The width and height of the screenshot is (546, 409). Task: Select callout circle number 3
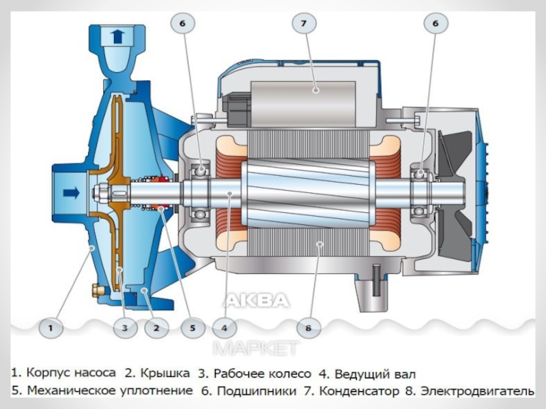pyautogui.click(x=125, y=328)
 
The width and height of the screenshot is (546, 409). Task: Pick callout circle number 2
pyautogui.click(x=156, y=328)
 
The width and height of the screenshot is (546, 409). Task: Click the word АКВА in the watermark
pyautogui.click(x=257, y=300)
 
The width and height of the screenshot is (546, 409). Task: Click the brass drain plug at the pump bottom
pyautogui.click(x=96, y=290)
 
